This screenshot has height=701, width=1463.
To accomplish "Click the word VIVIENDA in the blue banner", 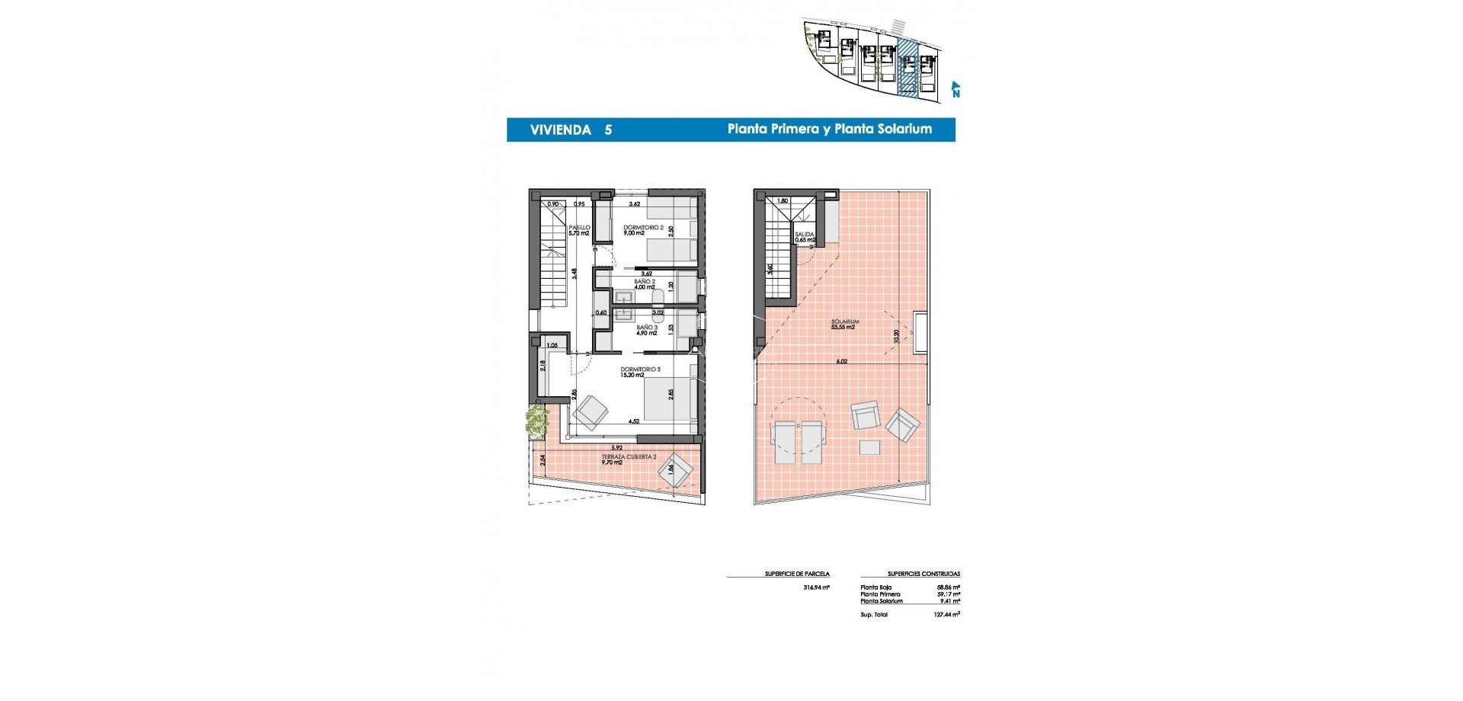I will pos(560,130).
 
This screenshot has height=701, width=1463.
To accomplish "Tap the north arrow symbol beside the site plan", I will pos(956,90).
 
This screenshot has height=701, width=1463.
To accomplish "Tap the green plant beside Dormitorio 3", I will pos(536,421).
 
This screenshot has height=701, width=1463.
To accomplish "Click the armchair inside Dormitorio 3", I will pos(591,412).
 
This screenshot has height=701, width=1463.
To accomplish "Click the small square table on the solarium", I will pos(869,448).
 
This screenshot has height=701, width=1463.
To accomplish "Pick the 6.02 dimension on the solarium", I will pos(842,361).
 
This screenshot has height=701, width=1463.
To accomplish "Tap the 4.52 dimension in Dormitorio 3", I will pos(633,421).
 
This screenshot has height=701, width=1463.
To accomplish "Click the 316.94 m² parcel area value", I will pos(816,587).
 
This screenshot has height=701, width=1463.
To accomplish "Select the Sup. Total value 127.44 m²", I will pos(948,614).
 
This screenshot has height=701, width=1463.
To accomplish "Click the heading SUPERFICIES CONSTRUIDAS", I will pos(924,574).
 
